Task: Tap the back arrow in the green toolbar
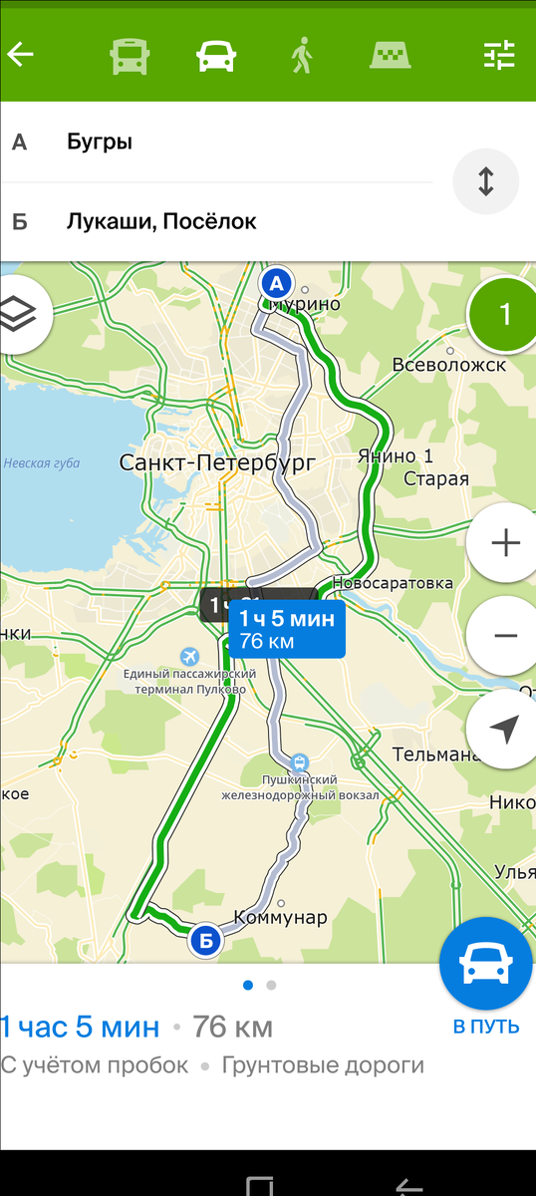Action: pyautogui.click(x=20, y=54)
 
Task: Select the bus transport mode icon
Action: pyautogui.click(x=130, y=56)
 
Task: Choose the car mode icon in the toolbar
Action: pyautogui.click(x=215, y=56)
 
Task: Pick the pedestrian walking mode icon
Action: pyautogui.click(x=301, y=56)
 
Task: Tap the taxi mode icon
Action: pyautogui.click(x=392, y=56)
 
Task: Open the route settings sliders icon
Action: pyautogui.click(x=499, y=56)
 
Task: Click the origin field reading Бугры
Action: pyautogui.click(x=219, y=142)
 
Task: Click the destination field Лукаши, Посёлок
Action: pyautogui.click(x=219, y=221)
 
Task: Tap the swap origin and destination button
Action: pyautogui.click(x=485, y=182)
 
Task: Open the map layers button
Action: pyautogui.click(x=22, y=310)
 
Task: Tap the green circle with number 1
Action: pyautogui.click(x=504, y=315)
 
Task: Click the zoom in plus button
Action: pyautogui.click(x=505, y=543)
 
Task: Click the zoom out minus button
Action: pyautogui.click(x=505, y=635)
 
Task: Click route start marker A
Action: pyautogui.click(x=277, y=282)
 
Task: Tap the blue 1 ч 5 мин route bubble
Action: pyautogui.click(x=287, y=629)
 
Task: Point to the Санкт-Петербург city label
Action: pyautogui.click(x=216, y=462)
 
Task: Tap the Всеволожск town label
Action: pyautogui.click(x=449, y=365)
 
